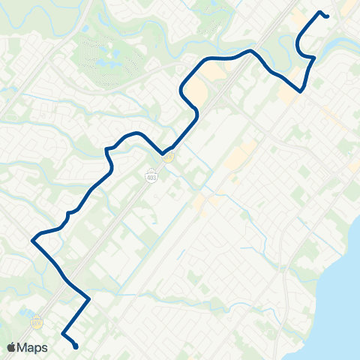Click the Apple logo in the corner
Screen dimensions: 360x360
tap(13, 347)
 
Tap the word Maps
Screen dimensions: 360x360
tap(34, 347)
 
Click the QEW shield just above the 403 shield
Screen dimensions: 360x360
tap(170, 156)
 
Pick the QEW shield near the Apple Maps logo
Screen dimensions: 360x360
tap(36, 322)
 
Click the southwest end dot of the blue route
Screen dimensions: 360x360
tap(76, 346)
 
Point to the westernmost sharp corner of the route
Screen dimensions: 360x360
tap(32, 241)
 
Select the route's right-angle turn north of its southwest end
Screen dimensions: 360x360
tap(89, 298)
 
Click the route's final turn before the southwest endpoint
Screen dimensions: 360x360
tap(62, 332)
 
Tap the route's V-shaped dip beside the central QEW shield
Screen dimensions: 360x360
tap(163, 154)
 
